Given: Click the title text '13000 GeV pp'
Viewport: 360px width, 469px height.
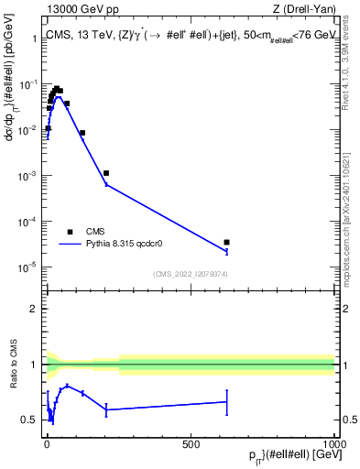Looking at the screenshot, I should pos(80,10).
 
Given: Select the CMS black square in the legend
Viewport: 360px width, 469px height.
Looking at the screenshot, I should pos(70,231).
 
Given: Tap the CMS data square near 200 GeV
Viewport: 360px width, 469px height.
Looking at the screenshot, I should pos(106,173).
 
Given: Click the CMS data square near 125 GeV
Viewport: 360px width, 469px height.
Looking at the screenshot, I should pos(82,133).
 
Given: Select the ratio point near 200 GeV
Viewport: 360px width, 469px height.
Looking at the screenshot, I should pos(106,409).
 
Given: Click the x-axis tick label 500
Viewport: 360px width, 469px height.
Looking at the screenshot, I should pos(191,442).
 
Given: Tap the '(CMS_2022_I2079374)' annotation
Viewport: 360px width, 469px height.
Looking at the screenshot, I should pos(190,273).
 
